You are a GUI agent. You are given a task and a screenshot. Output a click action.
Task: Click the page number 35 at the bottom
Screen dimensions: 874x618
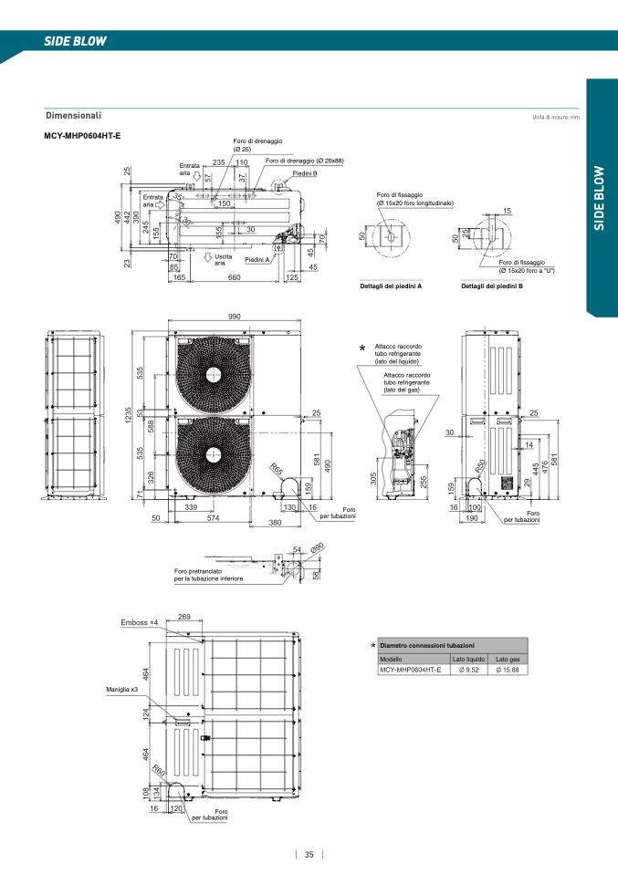(309, 855)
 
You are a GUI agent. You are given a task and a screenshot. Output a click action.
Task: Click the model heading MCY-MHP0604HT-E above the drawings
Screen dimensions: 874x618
(83, 136)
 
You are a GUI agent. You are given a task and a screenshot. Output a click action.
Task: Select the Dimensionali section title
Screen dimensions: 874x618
(73, 116)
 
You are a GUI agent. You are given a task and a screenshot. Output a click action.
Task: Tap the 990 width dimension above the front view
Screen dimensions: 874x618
(234, 316)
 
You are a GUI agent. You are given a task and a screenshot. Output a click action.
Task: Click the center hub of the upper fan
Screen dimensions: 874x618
(214, 374)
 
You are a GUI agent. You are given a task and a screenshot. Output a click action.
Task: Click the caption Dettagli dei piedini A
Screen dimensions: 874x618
(392, 286)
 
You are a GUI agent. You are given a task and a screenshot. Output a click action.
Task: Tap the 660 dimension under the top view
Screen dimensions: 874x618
(235, 277)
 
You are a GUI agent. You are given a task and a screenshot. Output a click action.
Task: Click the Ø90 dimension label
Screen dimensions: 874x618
(317, 548)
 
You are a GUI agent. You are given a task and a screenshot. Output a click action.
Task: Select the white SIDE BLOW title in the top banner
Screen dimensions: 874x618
(76, 41)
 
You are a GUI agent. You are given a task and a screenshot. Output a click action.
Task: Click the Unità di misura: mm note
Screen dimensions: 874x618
(556, 118)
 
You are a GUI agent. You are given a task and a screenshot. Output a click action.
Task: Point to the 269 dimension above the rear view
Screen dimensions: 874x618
(184, 618)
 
